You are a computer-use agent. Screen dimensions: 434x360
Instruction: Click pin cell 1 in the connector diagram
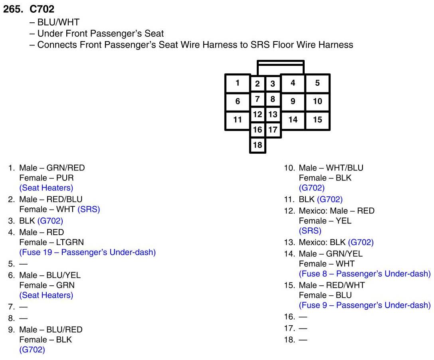[x=238, y=83]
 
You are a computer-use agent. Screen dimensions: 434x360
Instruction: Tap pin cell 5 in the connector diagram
[x=317, y=83]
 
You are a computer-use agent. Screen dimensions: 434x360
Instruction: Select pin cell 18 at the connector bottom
[x=258, y=145]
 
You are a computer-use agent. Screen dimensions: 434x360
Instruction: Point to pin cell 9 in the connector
[x=293, y=101]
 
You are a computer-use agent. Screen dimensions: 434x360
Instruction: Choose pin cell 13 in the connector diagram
[x=273, y=115]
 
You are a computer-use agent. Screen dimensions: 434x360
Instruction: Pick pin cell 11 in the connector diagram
[x=238, y=120]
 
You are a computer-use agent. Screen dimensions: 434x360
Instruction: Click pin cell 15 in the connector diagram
[x=317, y=120]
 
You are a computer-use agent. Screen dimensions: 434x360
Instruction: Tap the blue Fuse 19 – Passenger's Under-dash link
[x=87, y=252]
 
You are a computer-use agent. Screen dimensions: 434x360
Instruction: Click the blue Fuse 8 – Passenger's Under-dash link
[x=365, y=274]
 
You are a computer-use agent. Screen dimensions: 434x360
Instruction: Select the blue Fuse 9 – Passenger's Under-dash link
[x=365, y=305]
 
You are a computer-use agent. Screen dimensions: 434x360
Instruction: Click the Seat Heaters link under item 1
[x=46, y=188]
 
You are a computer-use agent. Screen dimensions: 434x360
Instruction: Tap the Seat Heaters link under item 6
[x=46, y=295]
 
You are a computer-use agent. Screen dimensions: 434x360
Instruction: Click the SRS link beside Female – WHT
[x=89, y=209]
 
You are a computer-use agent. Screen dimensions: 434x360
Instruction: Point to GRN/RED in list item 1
[x=66, y=168]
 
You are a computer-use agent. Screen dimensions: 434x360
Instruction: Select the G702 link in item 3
[x=50, y=220]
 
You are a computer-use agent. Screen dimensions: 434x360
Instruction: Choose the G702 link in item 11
[x=330, y=200]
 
